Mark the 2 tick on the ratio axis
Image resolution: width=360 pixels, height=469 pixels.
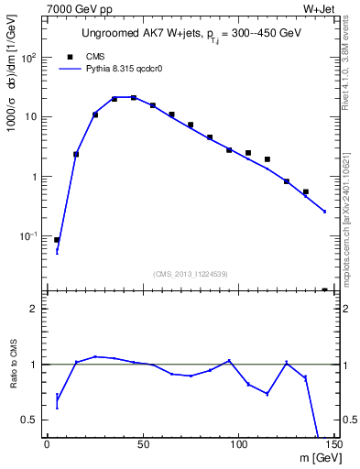(35, 309)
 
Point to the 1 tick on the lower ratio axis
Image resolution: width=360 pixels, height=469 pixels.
(35, 365)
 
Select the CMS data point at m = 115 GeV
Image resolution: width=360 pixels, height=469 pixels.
(267, 159)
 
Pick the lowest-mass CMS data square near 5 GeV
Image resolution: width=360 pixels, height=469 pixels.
(57, 240)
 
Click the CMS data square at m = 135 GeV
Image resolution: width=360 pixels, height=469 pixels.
(305, 192)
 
